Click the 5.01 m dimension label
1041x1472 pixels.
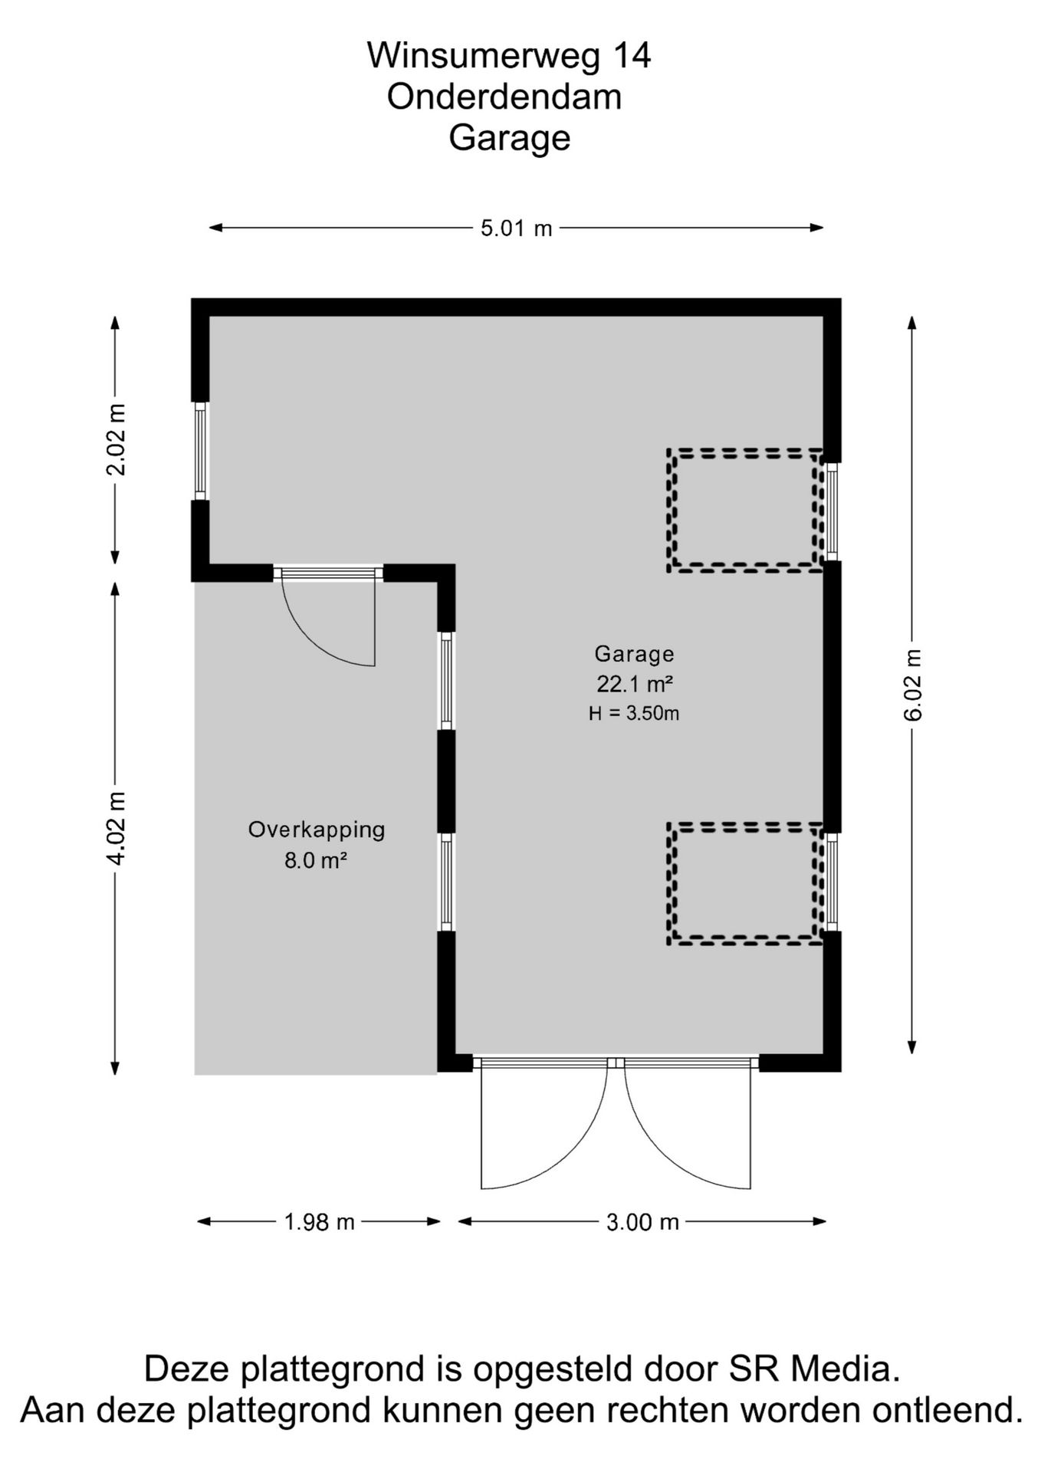(x=516, y=228)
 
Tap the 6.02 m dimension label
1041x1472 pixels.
(x=912, y=684)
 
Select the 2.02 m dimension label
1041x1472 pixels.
(x=116, y=439)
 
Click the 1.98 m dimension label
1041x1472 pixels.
(x=320, y=1221)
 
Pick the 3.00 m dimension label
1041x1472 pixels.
(x=642, y=1221)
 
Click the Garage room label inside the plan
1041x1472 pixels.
(x=634, y=654)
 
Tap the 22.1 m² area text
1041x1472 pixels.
(x=635, y=683)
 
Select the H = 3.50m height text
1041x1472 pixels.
(x=634, y=713)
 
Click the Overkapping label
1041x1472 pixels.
(x=317, y=830)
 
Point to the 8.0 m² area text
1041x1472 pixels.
(x=317, y=860)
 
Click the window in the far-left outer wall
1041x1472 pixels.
(x=200, y=451)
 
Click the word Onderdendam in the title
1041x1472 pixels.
(x=504, y=97)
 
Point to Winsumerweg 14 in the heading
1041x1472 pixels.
(x=509, y=56)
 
